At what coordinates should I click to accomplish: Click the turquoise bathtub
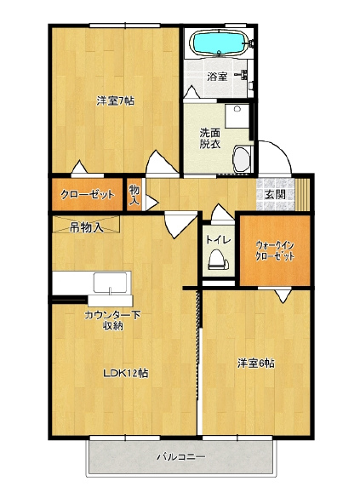219,43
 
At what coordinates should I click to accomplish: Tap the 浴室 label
217,77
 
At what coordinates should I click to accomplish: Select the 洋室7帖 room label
115,101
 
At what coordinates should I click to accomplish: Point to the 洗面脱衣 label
210,139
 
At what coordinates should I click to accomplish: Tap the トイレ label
218,240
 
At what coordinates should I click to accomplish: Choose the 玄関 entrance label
275,194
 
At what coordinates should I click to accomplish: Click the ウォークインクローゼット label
275,251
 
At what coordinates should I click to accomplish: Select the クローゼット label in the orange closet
88,194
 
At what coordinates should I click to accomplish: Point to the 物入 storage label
134,195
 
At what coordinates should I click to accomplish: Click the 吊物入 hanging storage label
86,227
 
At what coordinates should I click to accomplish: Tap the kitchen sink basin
110,283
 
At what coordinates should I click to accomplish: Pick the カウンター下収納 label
112,320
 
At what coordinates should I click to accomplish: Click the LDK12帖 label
126,373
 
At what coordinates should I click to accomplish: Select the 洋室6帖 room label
256,363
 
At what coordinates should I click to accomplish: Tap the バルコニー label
181,456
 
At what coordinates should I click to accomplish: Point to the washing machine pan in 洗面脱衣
237,116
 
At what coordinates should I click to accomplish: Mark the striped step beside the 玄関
302,195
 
